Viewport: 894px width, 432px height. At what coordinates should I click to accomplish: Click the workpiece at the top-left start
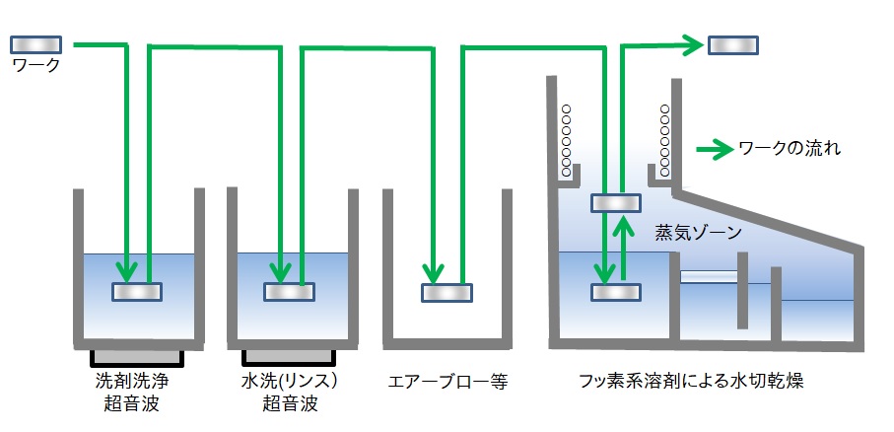36,44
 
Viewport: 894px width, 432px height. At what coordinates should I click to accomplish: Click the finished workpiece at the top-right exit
733,45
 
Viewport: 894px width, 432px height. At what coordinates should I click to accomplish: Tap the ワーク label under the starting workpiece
35,66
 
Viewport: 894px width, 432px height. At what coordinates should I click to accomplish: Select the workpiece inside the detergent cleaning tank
137,292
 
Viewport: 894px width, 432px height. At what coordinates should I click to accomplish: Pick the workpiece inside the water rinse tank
289,292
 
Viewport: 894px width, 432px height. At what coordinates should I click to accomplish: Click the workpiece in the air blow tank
447,293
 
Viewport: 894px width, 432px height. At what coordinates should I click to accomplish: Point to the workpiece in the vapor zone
615,203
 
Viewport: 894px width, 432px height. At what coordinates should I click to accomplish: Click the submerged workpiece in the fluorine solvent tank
615,292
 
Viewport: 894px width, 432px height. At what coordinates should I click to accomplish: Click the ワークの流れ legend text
789,151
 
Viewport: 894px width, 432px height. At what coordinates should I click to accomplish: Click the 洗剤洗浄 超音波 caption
137,392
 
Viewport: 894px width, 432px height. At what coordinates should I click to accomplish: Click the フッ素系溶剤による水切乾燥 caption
706,382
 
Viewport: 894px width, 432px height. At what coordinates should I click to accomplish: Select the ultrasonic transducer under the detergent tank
137,355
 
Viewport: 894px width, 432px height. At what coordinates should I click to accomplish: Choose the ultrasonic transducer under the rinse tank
289,355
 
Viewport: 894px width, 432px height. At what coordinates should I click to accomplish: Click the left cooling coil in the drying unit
567,141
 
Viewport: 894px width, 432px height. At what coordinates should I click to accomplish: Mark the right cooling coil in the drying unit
665,141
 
